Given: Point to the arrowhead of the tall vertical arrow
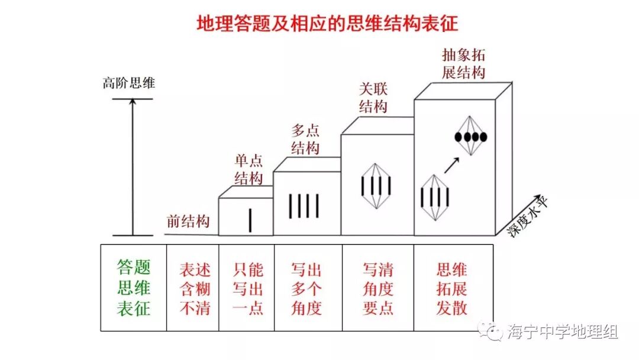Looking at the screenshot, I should [x=133, y=102].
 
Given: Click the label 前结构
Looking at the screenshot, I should [x=188, y=221].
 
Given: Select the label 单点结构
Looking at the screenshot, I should [x=248, y=169].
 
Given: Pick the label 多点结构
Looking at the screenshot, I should [x=306, y=139].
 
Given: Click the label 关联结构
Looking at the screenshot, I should [x=373, y=98].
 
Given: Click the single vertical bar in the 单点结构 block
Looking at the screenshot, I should [x=250, y=218].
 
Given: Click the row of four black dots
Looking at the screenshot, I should [x=471, y=137].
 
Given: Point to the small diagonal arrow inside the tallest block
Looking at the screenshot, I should [x=452, y=164].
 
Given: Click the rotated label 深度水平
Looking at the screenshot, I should [x=529, y=216].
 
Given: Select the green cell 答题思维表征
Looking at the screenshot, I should [x=134, y=288].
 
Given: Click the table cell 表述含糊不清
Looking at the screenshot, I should [x=195, y=288].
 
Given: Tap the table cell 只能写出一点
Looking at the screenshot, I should [x=248, y=288].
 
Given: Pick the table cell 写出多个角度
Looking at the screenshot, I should [x=306, y=288].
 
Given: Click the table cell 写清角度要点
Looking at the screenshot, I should [x=377, y=288].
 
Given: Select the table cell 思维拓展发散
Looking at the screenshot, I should [x=452, y=288].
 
